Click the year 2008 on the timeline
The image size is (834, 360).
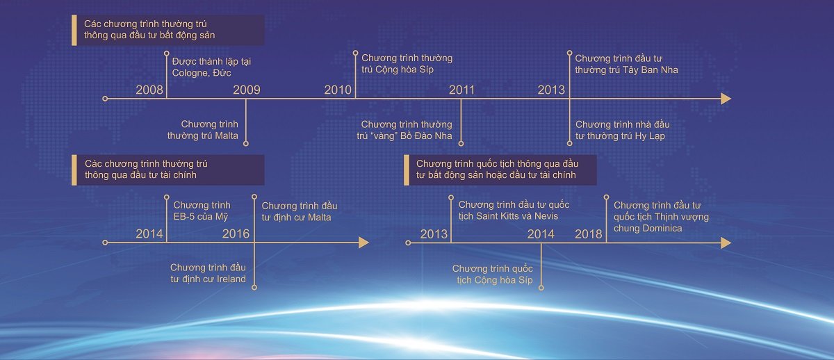point(149,90)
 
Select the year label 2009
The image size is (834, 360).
point(247,90)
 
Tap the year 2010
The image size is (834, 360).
point(338,90)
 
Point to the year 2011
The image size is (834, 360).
point(461,90)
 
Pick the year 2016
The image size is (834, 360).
point(236,234)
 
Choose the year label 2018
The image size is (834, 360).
point(588,234)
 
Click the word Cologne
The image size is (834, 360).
point(190,73)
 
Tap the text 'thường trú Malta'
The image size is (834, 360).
point(202,136)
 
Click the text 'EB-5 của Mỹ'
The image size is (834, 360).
point(201,217)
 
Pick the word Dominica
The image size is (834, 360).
point(648,229)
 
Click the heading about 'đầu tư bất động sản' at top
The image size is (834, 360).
point(149,30)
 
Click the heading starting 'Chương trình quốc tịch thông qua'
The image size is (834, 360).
point(497,170)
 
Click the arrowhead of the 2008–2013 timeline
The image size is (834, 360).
point(726,99)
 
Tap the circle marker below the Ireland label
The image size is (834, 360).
point(254,288)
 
